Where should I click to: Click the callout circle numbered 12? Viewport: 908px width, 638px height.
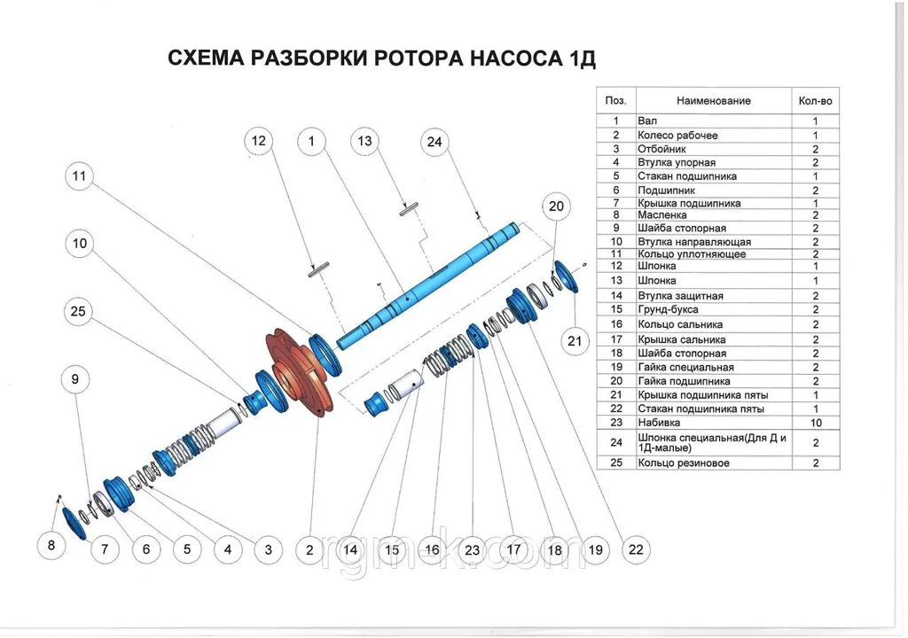click(x=258, y=141)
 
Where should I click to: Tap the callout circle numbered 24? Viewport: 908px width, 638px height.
click(x=434, y=141)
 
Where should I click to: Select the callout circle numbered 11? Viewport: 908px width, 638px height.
click(x=79, y=176)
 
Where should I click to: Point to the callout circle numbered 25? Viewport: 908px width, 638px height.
click(x=79, y=310)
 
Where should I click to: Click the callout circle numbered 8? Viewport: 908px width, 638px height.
click(x=51, y=545)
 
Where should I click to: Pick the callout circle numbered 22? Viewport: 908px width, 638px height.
click(x=635, y=549)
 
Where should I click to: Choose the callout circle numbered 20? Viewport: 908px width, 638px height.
click(x=556, y=207)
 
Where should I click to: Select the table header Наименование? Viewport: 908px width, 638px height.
click(x=713, y=101)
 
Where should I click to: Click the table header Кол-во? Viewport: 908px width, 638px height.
click(x=815, y=101)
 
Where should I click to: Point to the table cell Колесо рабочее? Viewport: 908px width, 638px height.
click(x=677, y=136)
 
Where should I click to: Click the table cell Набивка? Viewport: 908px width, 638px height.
click(x=657, y=424)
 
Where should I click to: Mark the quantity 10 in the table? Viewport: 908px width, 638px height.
click(x=815, y=424)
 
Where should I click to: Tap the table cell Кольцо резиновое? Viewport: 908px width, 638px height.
click(x=684, y=463)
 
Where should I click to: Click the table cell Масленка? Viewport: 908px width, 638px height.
click(x=661, y=214)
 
